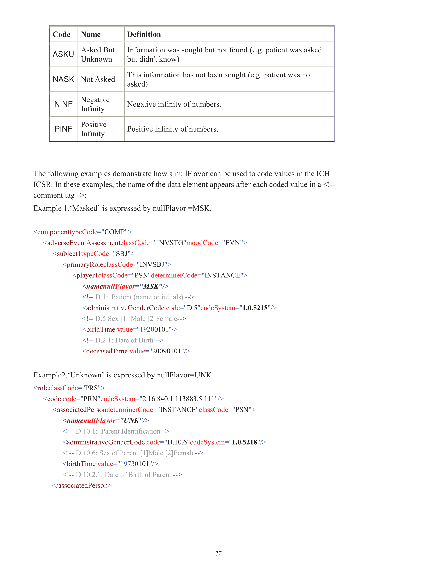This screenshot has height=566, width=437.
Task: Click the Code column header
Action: [61, 34]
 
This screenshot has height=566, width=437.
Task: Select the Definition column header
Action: [144, 34]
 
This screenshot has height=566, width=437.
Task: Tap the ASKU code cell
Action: [63, 54]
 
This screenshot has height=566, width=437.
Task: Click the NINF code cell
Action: [63, 104]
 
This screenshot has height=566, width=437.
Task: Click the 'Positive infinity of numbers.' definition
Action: [172, 129]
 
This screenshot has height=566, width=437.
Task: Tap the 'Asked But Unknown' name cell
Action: [98, 54]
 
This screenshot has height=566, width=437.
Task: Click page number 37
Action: [218, 553]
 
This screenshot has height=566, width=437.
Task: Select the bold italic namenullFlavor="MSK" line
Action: [125, 286]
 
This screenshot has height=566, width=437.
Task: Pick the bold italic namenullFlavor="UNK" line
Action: [106, 420]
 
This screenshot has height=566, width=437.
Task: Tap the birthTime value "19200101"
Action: [154, 329]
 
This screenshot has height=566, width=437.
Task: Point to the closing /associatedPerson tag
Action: [82, 485]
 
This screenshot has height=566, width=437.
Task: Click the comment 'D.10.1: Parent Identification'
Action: [116, 431]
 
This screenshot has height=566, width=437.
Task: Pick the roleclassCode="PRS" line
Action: [69, 388]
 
